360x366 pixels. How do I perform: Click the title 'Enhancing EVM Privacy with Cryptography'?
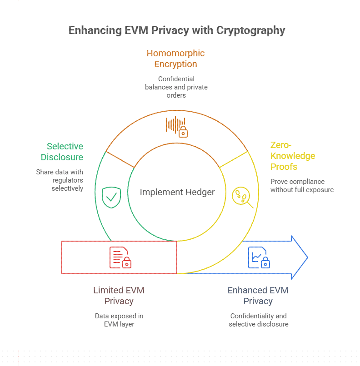click(176, 30)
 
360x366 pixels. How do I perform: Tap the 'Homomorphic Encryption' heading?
click(175, 59)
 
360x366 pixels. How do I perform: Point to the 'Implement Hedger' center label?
click(177, 192)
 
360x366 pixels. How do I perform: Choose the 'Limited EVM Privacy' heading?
click(119, 296)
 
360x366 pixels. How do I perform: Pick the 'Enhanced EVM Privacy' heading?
click(258, 296)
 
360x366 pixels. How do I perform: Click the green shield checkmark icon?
click(111, 197)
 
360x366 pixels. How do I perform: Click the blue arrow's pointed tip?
click(307, 257)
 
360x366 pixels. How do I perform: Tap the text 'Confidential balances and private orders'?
click(176, 87)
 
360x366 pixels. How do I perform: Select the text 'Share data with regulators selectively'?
click(60, 180)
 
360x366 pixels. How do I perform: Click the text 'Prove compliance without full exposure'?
click(302, 185)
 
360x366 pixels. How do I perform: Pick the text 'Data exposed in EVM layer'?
click(119, 320)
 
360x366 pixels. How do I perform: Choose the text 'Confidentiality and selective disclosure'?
click(258, 320)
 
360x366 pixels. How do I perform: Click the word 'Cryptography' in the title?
click(250, 30)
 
